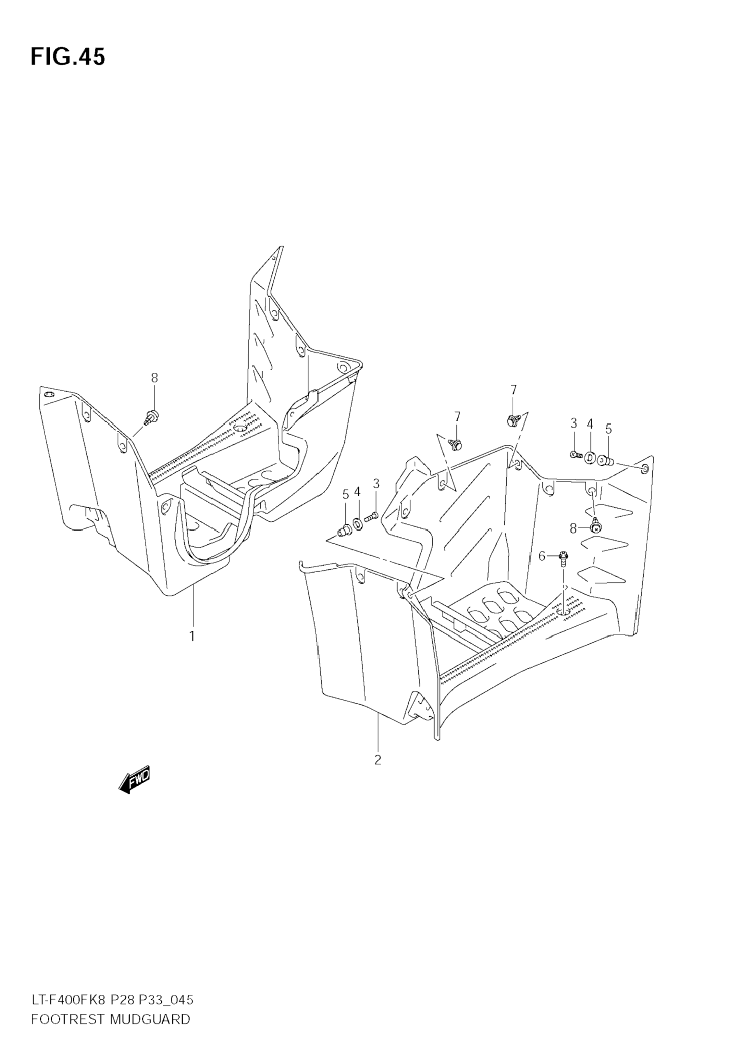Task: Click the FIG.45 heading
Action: pyautogui.click(x=68, y=57)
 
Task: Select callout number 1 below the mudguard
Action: pyautogui.click(x=192, y=636)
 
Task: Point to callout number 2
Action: pyautogui.click(x=378, y=759)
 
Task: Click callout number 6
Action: pyautogui.click(x=541, y=556)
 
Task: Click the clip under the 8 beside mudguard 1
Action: pyautogui.click(x=152, y=416)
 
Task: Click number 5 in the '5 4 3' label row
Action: pyautogui.click(x=345, y=495)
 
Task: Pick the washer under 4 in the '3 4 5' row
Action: pyautogui.click(x=590, y=457)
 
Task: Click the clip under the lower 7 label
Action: pyautogui.click(x=456, y=444)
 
